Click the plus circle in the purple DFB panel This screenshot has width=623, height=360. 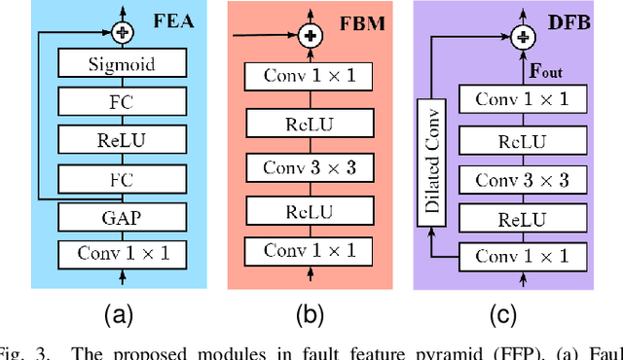(x=523, y=37)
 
